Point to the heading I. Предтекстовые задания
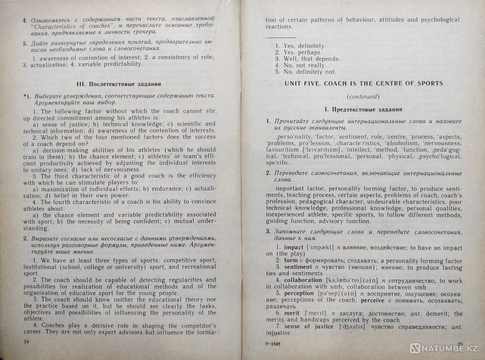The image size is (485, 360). point(365,110)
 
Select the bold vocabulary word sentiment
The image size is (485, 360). point(298,267)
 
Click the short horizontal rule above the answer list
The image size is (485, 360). point(280,37)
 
